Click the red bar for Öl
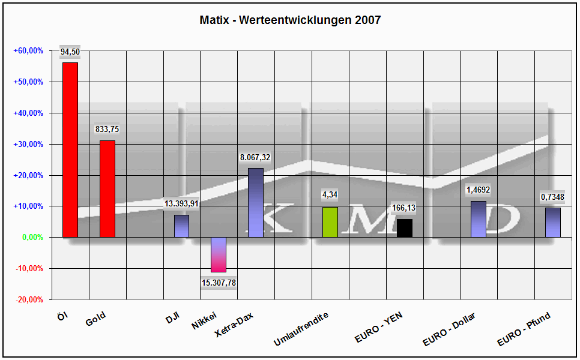(x=70, y=150)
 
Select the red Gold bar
(x=107, y=189)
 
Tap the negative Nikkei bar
(x=219, y=254)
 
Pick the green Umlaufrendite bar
(x=330, y=222)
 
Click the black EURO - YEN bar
(x=405, y=228)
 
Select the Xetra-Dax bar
(x=256, y=203)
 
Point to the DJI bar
(x=181, y=226)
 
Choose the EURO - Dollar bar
(x=479, y=219)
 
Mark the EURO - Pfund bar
(x=553, y=223)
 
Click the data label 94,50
(x=70, y=52)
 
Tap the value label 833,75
(x=107, y=129)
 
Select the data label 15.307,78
(x=219, y=283)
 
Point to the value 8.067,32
(x=255, y=157)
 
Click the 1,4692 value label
(x=479, y=190)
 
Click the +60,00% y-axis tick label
(x=28, y=51)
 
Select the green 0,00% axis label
(x=32, y=237)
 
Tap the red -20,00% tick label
(x=29, y=299)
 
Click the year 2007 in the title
(x=367, y=20)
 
